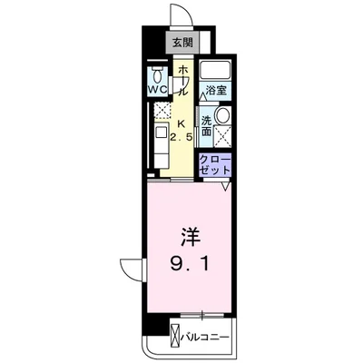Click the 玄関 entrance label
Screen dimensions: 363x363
[x=182, y=42]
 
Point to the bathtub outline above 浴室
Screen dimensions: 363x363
[x=215, y=71]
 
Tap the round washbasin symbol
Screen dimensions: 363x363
[x=221, y=115]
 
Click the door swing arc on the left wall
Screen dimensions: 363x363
[x=132, y=269]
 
